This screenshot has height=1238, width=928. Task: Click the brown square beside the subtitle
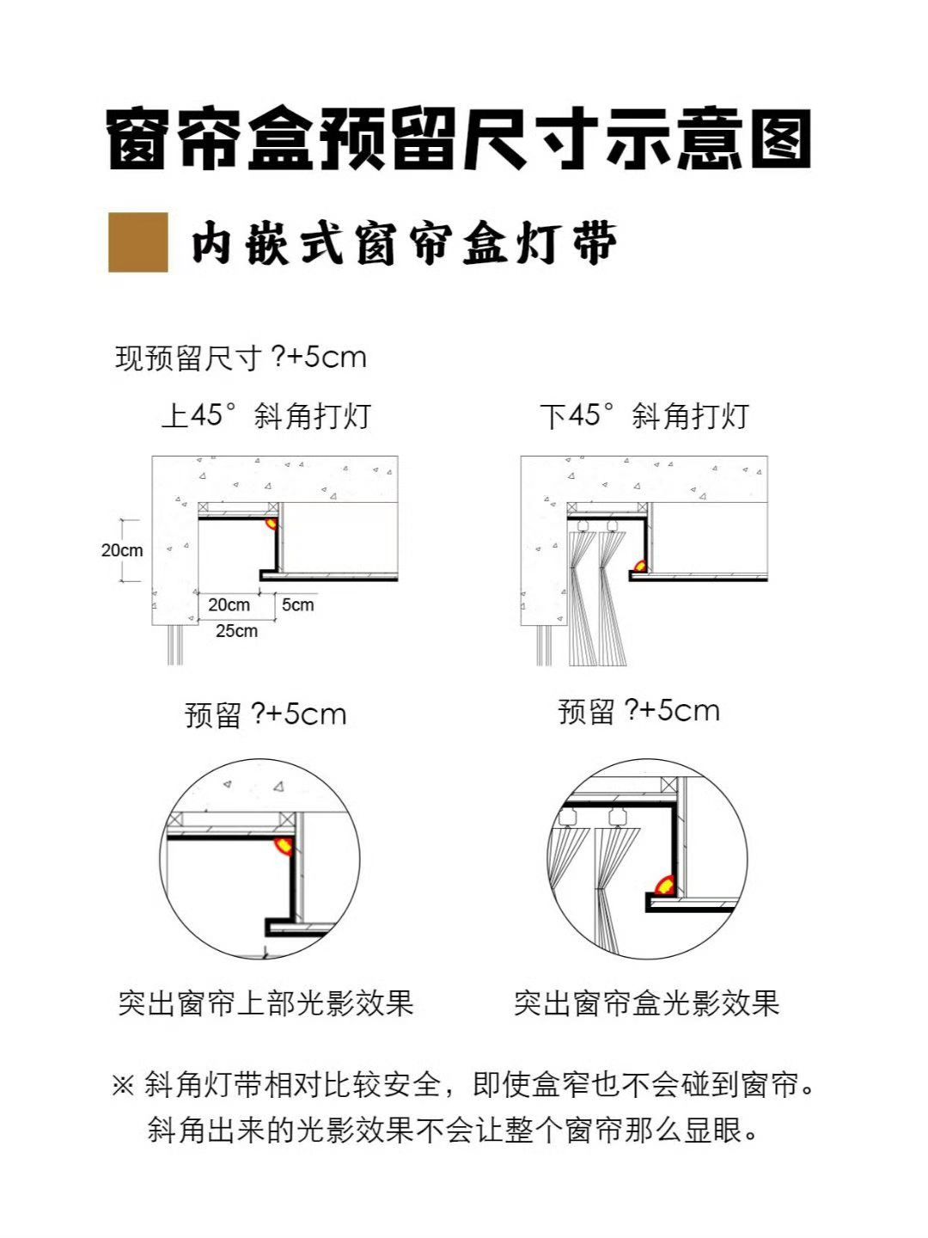coord(138,242)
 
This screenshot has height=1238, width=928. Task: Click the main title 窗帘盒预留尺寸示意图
coord(459,139)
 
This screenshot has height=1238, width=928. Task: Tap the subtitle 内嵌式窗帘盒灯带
coord(404,243)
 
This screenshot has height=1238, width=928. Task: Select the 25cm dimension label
coord(236,630)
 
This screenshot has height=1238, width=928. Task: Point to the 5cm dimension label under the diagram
coord(297,604)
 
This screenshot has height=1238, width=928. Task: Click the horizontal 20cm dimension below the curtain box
coord(229,604)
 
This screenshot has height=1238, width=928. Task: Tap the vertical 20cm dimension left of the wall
coord(122,550)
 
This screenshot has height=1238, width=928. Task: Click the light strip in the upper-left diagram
coord(271,523)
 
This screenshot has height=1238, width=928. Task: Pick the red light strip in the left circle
coord(284,847)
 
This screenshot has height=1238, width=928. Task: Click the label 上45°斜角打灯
coord(266,415)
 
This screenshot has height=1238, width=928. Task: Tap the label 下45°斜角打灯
coord(644,415)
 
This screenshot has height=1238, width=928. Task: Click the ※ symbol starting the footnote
coord(123,1085)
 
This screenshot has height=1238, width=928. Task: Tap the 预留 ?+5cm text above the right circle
coord(639,711)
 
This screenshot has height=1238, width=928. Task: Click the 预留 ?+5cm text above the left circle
coord(266,714)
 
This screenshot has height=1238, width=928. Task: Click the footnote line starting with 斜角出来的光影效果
coord(454,1130)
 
